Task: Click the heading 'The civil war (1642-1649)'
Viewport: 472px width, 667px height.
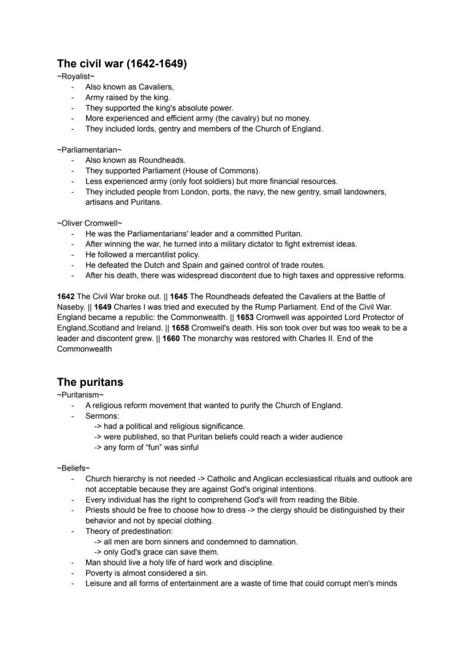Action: pyautogui.click(x=121, y=63)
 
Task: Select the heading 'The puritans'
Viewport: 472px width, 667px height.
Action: pyautogui.click(x=89, y=382)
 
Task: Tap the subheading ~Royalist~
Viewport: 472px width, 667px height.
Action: pyautogui.click(x=75, y=76)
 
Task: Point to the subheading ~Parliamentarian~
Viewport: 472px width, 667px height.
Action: pyautogui.click(x=89, y=149)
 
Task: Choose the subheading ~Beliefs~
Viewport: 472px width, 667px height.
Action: pyautogui.click(x=74, y=468)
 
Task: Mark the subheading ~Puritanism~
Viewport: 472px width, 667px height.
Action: pyautogui.click(x=80, y=395)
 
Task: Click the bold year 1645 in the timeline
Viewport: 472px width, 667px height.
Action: pyautogui.click(x=179, y=296)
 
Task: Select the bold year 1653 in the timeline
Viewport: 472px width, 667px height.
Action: pyautogui.click(x=246, y=317)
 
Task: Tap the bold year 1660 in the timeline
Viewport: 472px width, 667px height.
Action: pyautogui.click(x=172, y=338)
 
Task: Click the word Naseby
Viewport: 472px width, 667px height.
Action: pyautogui.click(x=71, y=307)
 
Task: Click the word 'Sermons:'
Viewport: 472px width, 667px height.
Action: pyautogui.click(x=102, y=416)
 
